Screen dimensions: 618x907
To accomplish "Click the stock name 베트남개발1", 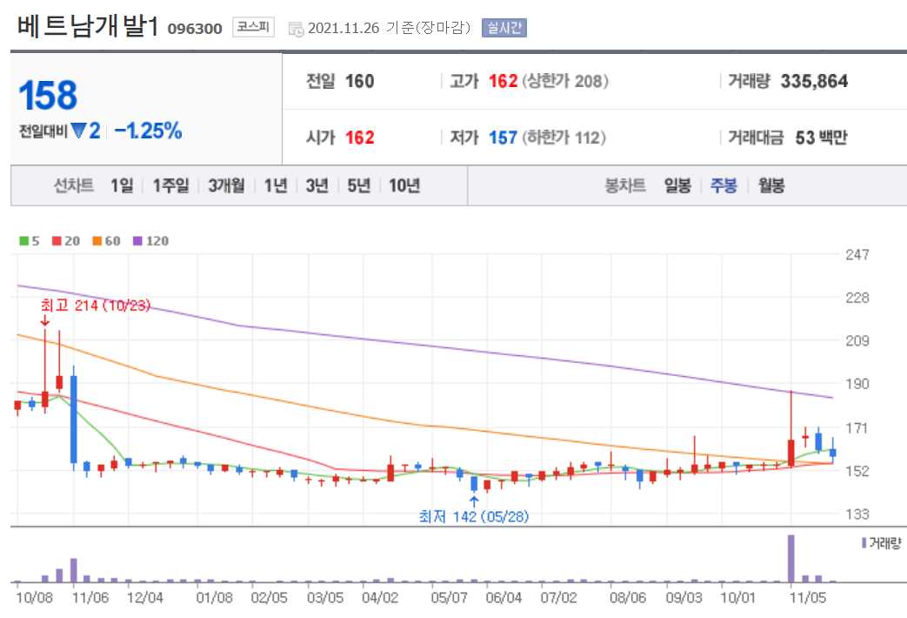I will [88, 26].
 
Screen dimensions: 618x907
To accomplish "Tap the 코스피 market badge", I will [253, 28].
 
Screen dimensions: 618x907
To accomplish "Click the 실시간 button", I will [504, 28].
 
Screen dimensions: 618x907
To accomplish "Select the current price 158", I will [48, 96].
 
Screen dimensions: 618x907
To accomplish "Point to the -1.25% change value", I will [148, 131].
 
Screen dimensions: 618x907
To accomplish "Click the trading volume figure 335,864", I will [814, 82].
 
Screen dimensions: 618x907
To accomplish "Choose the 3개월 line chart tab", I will [226, 185].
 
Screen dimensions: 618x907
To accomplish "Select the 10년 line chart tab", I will [404, 185].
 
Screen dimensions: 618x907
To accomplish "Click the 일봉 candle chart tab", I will [677, 185].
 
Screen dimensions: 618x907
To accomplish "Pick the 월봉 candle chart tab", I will [771, 185].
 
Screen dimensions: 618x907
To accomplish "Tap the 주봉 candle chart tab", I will [724, 185].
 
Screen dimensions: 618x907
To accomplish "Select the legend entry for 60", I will [107, 241].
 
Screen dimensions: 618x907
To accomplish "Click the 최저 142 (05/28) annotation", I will [473, 516].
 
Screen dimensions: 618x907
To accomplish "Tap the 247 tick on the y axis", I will [857, 255].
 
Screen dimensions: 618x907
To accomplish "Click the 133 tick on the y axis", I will [857, 514].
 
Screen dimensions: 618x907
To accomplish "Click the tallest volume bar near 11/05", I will [791, 558].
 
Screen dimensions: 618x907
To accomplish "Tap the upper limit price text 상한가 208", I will [565, 82].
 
